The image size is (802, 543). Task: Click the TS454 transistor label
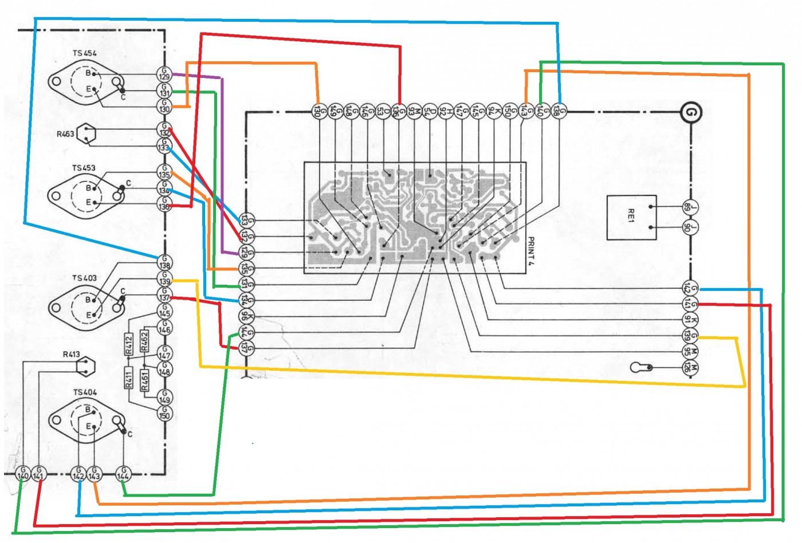pos(84,53)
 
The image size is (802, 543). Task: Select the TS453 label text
pos(84,168)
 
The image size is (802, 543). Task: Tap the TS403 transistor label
pos(84,278)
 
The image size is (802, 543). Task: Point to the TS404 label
pos(85,392)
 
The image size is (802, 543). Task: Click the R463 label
pos(65,134)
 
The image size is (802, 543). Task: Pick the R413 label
pos(71,355)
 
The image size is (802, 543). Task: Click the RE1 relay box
pos(631,218)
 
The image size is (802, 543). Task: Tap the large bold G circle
pos(691,112)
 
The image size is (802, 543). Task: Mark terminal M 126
pos(690,367)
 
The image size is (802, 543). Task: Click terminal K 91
pos(690,319)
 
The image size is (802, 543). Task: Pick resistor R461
pos(144,379)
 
